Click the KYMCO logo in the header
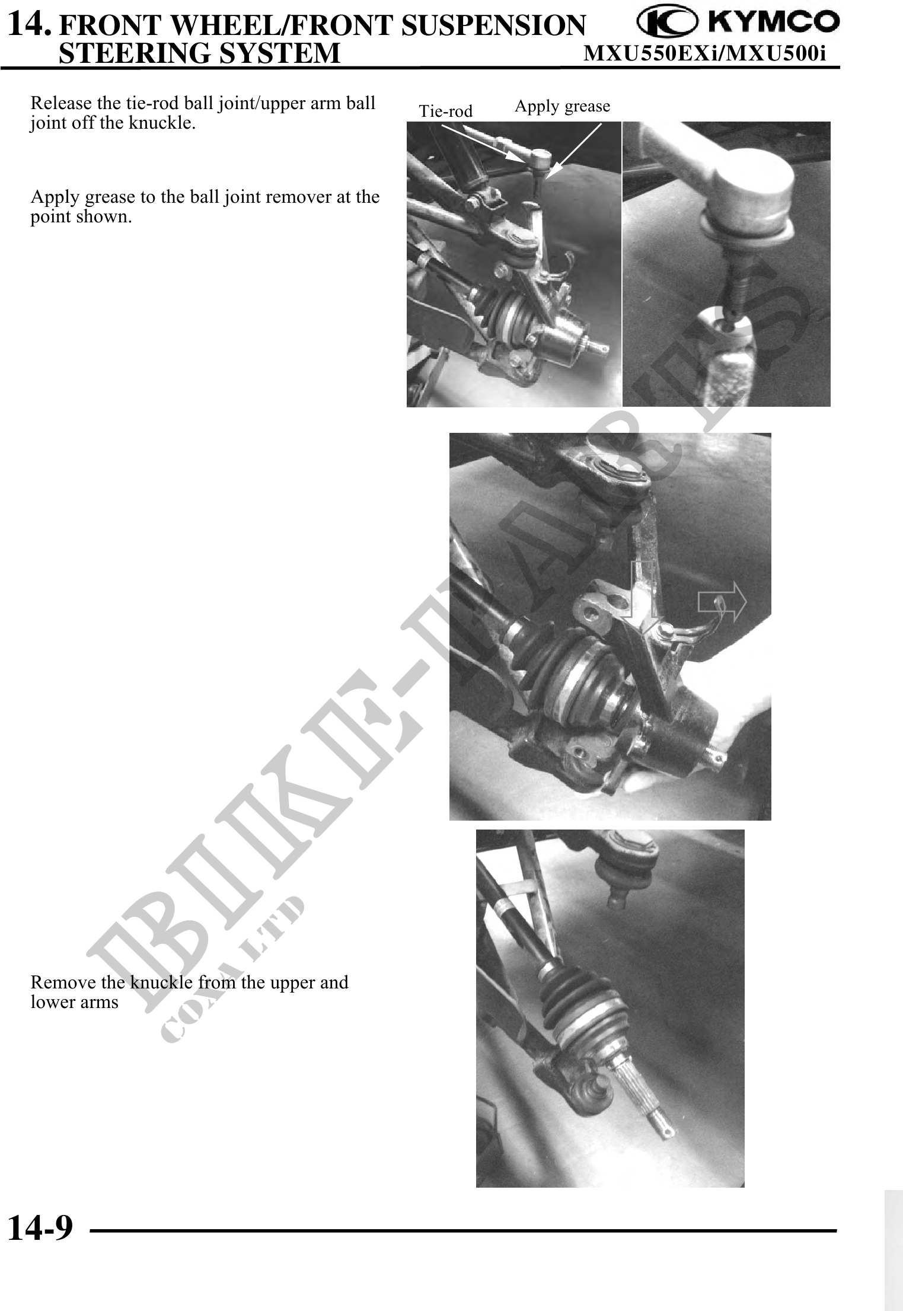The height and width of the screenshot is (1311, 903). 738,22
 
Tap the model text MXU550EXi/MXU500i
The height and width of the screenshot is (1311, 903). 704,54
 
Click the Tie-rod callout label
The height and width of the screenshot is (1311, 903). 445,111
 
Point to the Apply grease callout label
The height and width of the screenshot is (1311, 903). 562,106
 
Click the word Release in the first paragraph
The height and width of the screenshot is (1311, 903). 61,103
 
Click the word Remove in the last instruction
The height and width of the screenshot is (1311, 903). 63,983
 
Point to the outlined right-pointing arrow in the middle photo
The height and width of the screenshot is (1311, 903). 722,601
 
